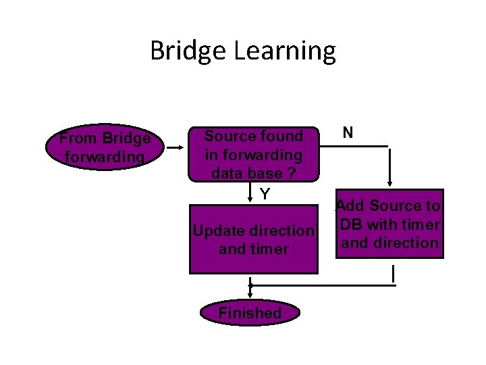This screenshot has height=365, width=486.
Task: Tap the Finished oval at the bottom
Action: [x=250, y=313]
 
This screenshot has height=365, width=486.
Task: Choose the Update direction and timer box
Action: [x=253, y=239]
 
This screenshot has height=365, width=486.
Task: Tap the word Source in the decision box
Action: [x=227, y=137]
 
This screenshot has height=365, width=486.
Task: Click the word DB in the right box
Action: [x=352, y=224]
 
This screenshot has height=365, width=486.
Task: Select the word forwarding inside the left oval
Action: [x=104, y=157]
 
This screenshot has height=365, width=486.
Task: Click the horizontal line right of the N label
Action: [x=368, y=146]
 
